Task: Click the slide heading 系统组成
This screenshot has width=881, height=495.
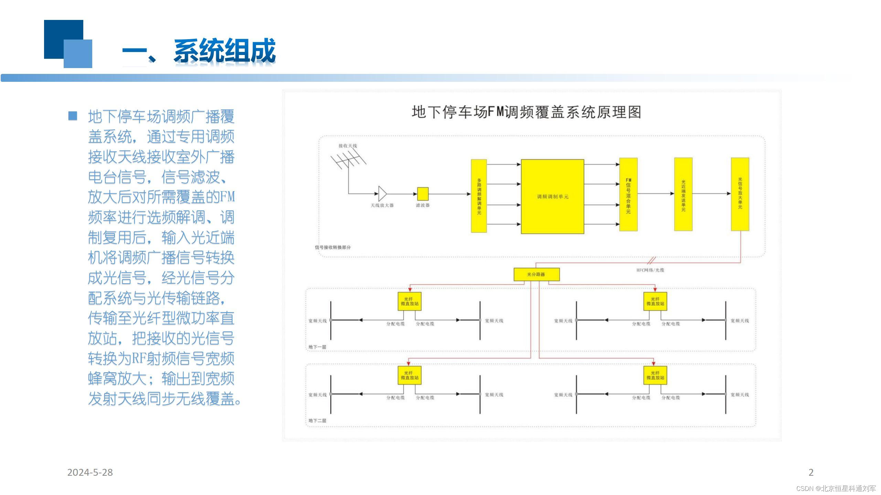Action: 224,51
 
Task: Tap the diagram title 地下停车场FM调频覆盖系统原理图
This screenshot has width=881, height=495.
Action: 526,112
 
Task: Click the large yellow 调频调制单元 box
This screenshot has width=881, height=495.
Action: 552,196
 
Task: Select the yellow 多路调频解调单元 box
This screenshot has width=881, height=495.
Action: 479,196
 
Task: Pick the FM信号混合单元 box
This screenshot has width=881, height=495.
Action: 628,195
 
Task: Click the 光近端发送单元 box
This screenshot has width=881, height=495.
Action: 683,195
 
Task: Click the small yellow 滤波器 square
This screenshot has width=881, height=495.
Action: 423,194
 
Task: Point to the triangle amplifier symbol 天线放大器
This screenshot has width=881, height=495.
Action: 382,194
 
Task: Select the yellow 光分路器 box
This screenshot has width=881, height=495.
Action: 536,274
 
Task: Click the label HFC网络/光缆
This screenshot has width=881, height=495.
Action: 650,270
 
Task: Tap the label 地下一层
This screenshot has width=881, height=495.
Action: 317,347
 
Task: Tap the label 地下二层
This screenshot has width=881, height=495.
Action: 317,420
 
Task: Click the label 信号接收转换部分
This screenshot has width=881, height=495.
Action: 332,247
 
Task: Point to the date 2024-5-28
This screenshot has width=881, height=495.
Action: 90,472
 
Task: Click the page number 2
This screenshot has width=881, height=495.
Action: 811,472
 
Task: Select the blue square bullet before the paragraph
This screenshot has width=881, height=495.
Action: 73,116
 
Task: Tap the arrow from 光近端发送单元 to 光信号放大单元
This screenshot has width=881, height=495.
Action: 711,194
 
